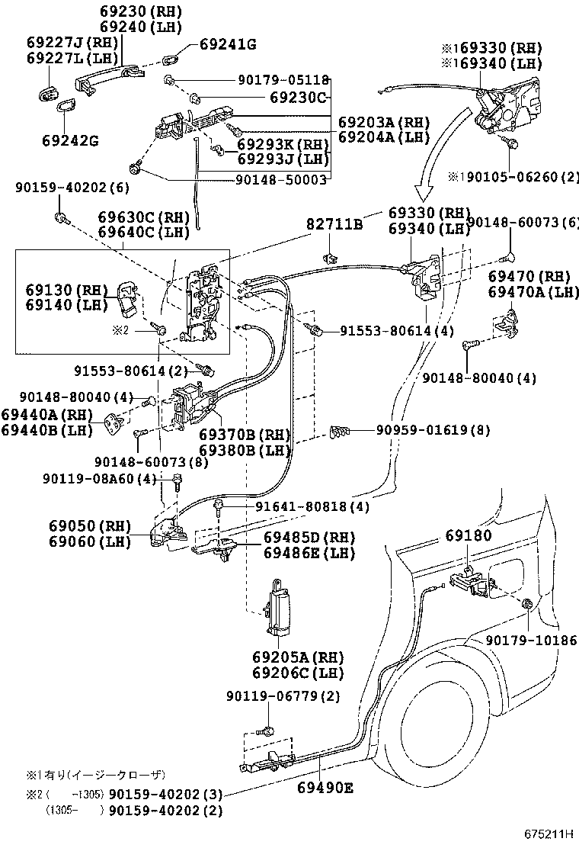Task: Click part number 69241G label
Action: [228, 44]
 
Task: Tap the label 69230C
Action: [298, 98]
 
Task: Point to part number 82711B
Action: [334, 223]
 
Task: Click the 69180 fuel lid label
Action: [469, 536]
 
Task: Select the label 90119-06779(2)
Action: [283, 696]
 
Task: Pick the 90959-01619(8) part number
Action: [433, 430]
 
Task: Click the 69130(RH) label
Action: [59, 290]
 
